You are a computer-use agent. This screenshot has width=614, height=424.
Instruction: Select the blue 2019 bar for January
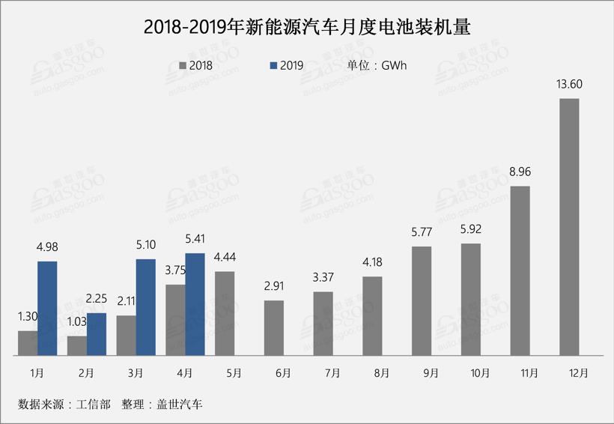click(x=47, y=308)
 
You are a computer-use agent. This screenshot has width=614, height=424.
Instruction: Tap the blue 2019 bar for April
click(x=195, y=304)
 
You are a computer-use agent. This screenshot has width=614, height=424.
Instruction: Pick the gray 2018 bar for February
click(x=76, y=345)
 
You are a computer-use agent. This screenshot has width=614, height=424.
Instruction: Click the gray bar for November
click(x=520, y=270)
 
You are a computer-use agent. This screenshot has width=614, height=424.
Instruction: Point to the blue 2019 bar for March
click(x=145, y=307)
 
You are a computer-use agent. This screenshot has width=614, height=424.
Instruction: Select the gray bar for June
click(x=274, y=327)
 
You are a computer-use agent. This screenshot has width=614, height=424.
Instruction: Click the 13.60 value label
click(x=569, y=84)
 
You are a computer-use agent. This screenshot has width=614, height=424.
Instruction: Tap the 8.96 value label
click(x=520, y=172)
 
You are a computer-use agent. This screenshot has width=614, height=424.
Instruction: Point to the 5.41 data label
click(x=195, y=239)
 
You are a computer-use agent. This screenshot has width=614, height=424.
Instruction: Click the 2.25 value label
click(x=97, y=299)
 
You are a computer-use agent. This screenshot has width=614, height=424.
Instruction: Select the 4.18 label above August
click(x=372, y=262)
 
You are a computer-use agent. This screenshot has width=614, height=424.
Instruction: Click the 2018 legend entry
click(x=196, y=65)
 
